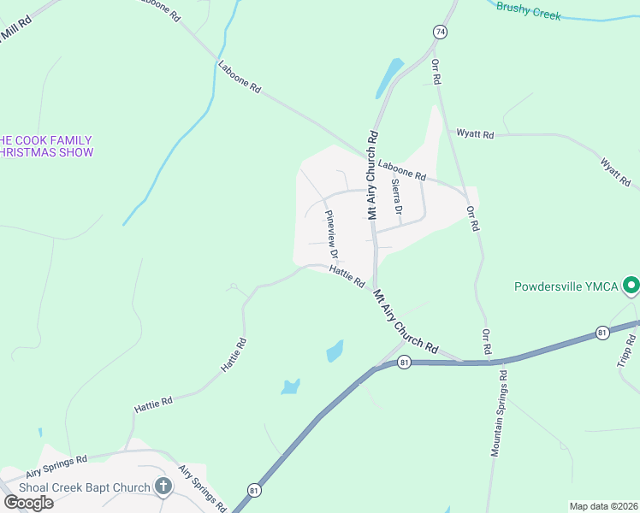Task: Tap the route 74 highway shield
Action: point(440,32)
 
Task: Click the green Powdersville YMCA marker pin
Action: point(631,285)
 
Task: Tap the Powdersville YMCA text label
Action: point(566,286)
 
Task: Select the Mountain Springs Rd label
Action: point(499,413)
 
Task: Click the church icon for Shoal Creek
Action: point(163,486)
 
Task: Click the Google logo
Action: point(28,502)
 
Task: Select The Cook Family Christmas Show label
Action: point(46,146)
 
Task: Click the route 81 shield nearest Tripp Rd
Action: point(602,332)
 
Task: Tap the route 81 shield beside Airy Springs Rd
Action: point(254,489)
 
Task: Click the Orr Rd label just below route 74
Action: point(436,71)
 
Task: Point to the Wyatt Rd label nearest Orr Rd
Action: point(475,134)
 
